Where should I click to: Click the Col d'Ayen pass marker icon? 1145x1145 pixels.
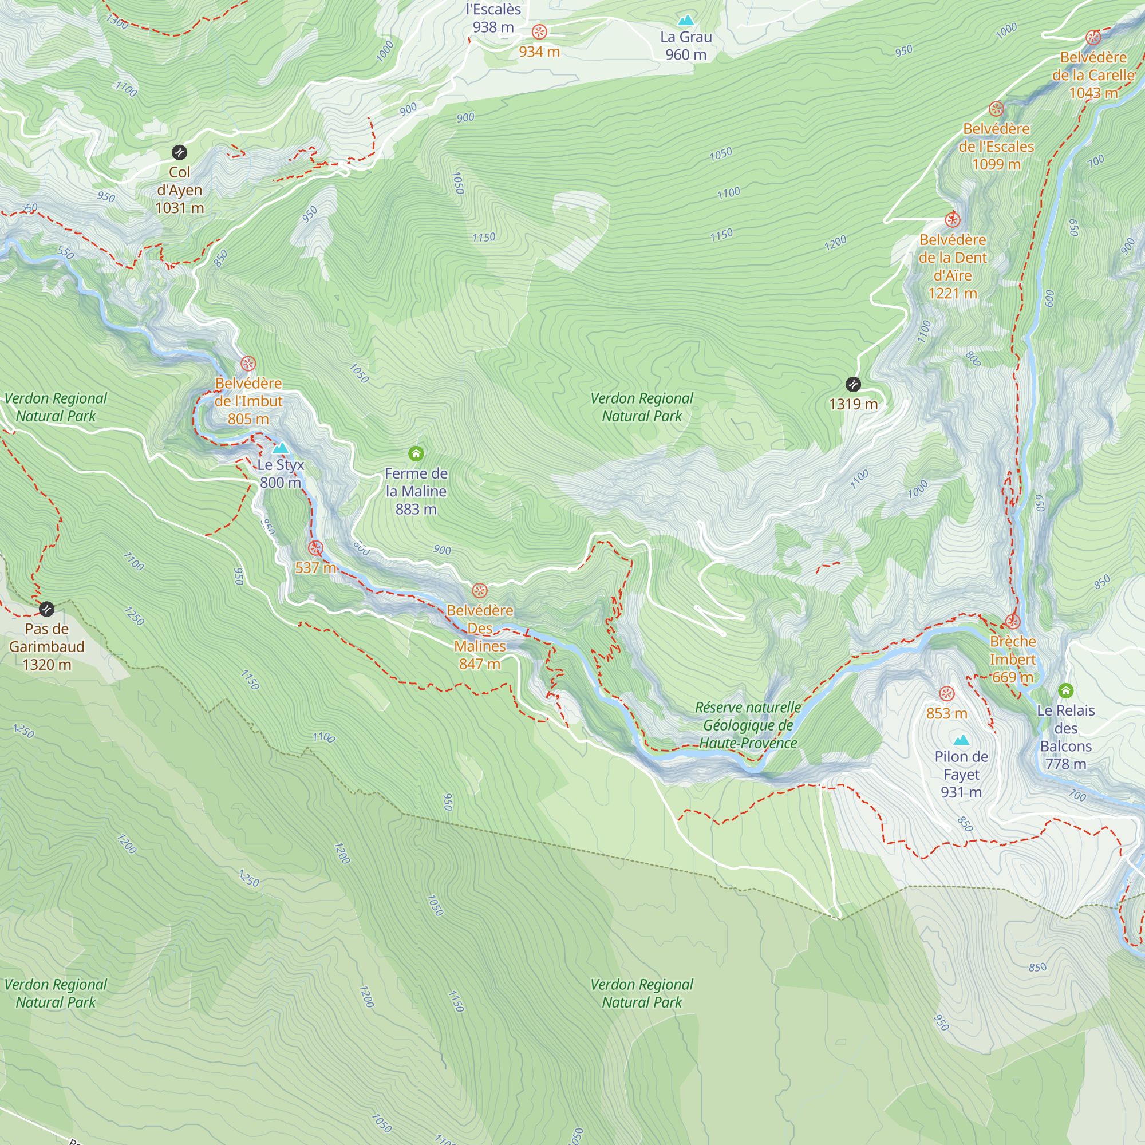[x=180, y=152]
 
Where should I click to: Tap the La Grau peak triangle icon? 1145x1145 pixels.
[x=686, y=21]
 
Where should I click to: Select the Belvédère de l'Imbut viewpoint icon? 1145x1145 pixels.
[x=248, y=364]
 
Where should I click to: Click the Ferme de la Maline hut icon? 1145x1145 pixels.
[x=416, y=454]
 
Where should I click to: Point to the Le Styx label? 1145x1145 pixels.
[x=281, y=465]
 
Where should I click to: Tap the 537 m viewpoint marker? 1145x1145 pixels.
[x=316, y=548]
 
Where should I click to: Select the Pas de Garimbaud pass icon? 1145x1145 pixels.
[x=47, y=609]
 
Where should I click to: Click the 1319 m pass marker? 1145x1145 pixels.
[x=853, y=384]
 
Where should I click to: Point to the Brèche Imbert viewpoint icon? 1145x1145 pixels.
[x=1013, y=622]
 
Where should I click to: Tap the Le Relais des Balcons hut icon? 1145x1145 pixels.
[x=1065, y=690]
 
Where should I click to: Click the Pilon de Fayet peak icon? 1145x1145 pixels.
[x=961, y=740]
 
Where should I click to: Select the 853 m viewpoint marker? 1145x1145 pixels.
[x=947, y=693]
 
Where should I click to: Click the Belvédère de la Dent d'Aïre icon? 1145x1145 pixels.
[x=953, y=220]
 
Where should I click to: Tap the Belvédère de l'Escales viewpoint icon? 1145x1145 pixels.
[x=996, y=109]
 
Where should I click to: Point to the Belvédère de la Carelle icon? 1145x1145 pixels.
[x=1093, y=38]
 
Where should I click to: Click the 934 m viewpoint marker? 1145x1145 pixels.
[x=539, y=32]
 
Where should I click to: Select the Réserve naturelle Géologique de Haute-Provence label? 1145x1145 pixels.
[x=748, y=725]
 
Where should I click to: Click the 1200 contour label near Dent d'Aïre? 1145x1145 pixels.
[x=836, y=242]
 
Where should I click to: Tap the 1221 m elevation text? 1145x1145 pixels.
[x=953, y=293]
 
